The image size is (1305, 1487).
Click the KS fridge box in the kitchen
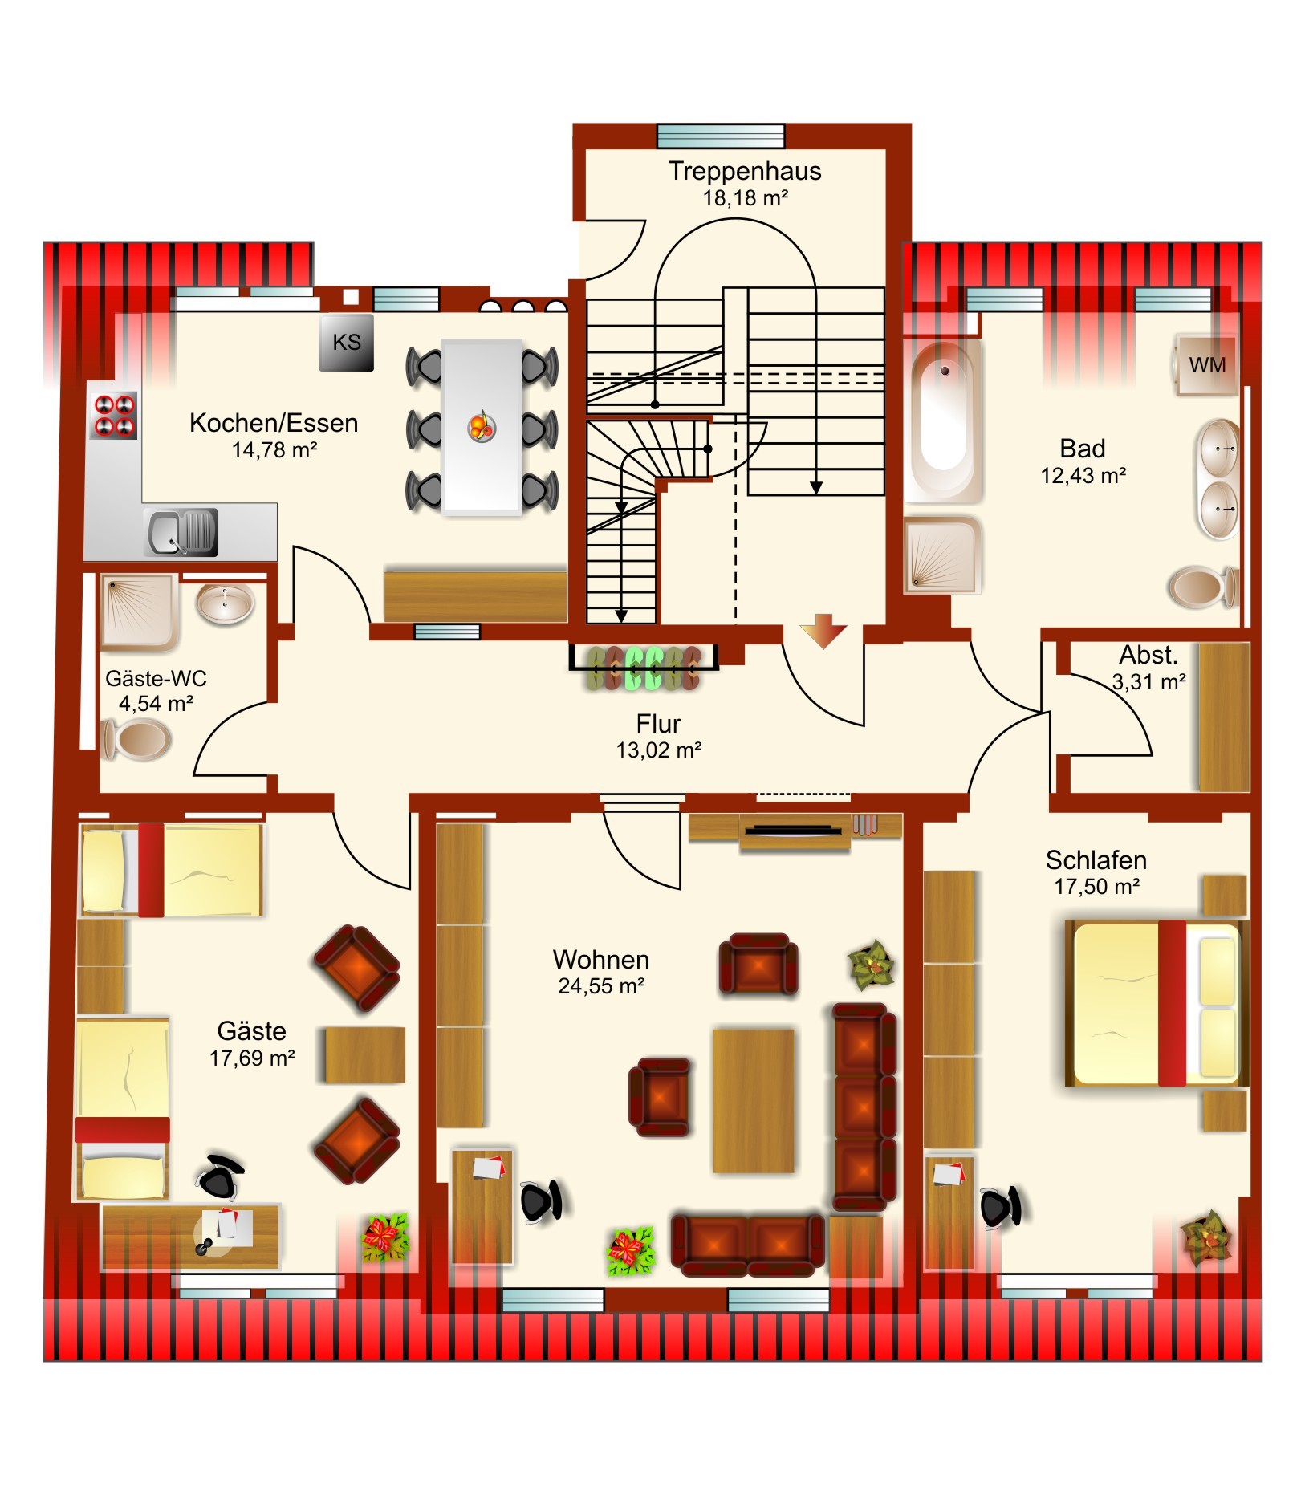pos(346,343)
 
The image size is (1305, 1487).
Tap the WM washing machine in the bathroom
pos(1206,365)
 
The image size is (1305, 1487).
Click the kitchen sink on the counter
pos(181,532)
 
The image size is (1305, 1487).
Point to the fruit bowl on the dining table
pos(482,426)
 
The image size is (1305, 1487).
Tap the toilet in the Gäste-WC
pos(135,739)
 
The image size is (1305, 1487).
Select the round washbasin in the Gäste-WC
pos(226,603)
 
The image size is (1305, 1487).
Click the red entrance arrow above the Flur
pos(823,630)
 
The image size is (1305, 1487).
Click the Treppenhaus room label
pos(745,171)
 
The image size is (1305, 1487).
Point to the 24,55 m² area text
pos(601,985)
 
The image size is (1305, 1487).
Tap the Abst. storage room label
pos(1148,655)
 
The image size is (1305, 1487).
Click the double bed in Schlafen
pos(1156,1003)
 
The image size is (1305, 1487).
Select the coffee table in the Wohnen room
pos(754,1101)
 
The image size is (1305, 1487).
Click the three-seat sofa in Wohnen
pos(864,1107)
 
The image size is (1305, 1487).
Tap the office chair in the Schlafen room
pos(1001,1206)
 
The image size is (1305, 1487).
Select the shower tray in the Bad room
pos(943,555)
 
